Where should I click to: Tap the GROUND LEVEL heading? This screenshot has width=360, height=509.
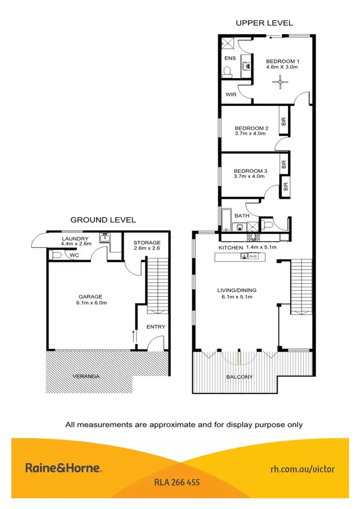coord(103,220)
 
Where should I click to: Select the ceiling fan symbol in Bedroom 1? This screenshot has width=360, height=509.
coord(280,82)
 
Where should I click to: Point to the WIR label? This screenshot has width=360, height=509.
coord(231,95)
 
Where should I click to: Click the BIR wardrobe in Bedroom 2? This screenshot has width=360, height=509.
coord(283,122)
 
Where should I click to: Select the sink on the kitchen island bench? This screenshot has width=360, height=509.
coord(245,257)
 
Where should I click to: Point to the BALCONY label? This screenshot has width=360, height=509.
coord(240,377)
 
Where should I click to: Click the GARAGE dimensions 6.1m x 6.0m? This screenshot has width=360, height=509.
coord(91,303)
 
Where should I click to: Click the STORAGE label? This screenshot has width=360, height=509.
coord(146,243)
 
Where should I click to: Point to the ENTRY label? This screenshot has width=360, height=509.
coord(156,327)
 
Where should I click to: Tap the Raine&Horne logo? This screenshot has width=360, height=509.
coord(63,468)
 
